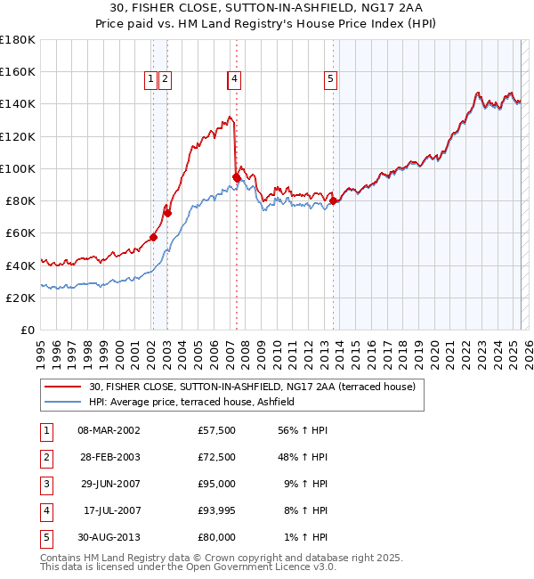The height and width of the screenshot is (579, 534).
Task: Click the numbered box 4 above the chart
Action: click(234, 79)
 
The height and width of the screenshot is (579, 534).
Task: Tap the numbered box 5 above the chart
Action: click(330, 79)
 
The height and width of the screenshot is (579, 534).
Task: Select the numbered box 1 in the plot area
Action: click(151, 79)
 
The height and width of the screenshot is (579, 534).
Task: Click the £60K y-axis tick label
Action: click(20, 233)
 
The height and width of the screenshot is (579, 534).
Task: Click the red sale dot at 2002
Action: click(153, 237)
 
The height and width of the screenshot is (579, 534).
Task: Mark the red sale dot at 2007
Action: click(237, 177)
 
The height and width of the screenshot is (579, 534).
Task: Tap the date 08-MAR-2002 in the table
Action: click(109, 430)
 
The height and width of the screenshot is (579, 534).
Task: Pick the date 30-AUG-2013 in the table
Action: click(109, 538)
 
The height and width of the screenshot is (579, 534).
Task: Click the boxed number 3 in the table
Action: click(45, 485)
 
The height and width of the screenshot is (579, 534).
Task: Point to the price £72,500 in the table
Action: click(216, 458)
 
